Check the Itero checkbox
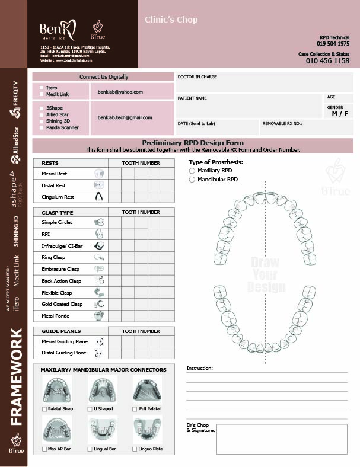pos(41,88)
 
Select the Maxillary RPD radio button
pos(192,171)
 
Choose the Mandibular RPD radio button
pos(192,179)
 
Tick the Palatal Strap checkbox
pos(45,409)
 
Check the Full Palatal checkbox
pos(135,409)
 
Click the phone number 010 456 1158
pos(327,60)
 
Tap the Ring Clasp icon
pos(99,258)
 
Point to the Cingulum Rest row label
pos(58,197)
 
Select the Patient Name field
pos(249,105)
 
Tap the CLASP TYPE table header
pos(58,212)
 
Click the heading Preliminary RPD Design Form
pos(192,143)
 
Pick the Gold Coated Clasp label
pos(62,304)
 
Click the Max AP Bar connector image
pos(58,430)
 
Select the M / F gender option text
pos(340,113)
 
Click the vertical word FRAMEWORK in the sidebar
pos(17,376)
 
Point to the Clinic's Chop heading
pos(171,20)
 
